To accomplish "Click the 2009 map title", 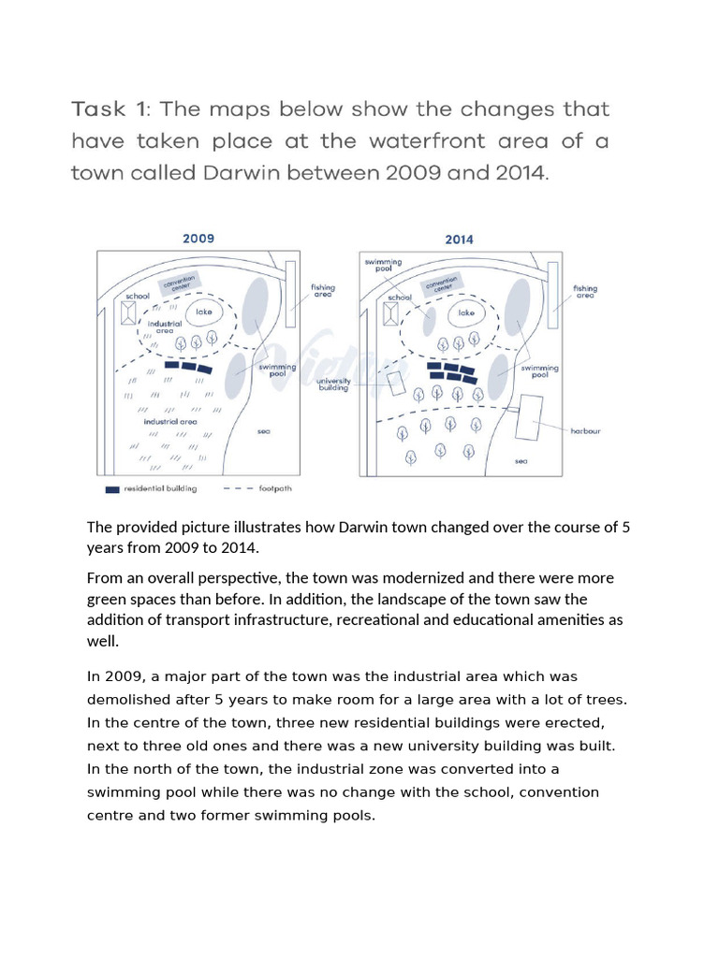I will (198, 239).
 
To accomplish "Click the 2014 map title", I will (459, 239).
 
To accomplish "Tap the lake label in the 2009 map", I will (203, 312).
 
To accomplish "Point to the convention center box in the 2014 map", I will (441, 284).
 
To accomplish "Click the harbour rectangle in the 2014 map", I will (531, 417).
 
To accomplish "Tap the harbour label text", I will (585, 431).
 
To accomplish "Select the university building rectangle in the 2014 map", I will (396, 384).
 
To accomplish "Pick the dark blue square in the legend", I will (113, 488).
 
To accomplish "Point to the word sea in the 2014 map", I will (521, 461).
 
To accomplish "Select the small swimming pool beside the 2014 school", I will (427, 319).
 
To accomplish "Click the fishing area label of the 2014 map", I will (585, 292).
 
